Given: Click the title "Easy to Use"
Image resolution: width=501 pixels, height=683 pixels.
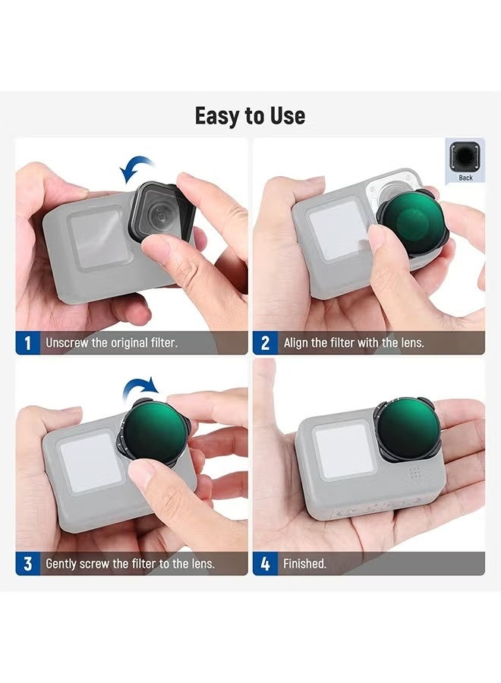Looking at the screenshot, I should [250, 116].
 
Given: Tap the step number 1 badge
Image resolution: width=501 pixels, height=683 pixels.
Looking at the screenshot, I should [27, 343].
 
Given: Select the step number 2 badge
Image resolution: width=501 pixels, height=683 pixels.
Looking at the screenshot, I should [265, 343].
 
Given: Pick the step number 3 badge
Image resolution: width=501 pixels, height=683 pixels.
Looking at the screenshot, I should [27, 564].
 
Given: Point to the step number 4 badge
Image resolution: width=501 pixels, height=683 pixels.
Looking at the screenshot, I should [265, 564].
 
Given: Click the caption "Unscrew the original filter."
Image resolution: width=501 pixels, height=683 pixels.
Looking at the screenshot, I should [112, 343].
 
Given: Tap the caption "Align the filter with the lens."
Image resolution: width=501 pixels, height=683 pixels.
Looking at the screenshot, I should [354, 343].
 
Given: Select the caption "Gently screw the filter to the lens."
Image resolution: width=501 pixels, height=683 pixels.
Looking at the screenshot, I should [130, 564].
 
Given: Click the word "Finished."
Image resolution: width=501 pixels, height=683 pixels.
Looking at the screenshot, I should [304, 564].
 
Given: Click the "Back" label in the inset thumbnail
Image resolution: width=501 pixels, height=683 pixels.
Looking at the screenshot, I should [465, 178].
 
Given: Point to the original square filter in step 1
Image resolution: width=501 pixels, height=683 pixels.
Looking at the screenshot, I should [161, 212].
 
